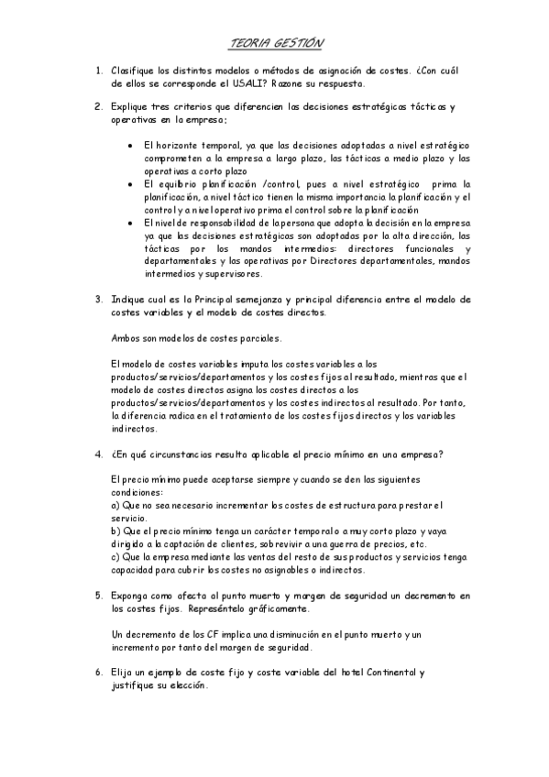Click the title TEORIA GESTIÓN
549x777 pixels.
[275, 42]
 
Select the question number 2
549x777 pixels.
[98, 107]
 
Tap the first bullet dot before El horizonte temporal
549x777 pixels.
[133, 145]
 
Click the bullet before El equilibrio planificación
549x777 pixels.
[133, 183]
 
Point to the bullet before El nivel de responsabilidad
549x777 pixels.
[133, 223]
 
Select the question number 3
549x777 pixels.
[98, 299]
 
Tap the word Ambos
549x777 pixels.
[125, 337]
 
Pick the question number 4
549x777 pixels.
[98, 453]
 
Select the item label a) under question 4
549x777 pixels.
[115, 505]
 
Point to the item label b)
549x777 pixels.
[115, 531]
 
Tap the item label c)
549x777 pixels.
[115, 556]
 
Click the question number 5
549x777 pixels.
[98, 595]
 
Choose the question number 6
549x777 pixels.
[98, 672]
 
